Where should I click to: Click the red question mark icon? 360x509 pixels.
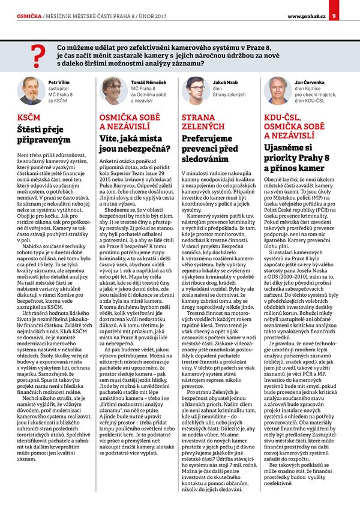[x=39, y=55]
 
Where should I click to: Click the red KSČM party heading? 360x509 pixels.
[x=30, y=117]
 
